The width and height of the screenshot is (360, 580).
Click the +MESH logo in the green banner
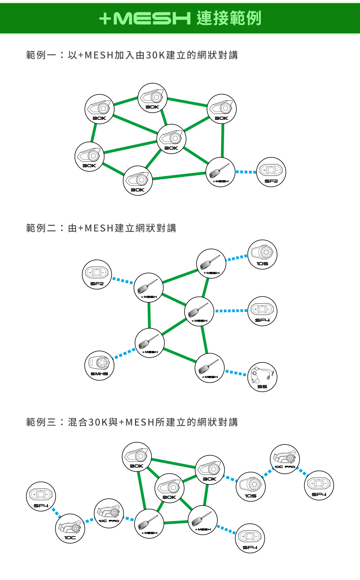(145, 18)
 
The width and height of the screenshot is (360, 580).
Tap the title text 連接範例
(229, 18)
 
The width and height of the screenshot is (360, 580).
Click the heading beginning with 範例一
(132, 55)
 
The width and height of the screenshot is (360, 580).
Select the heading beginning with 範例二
(101, 228)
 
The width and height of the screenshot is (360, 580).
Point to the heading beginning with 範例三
(132, 422)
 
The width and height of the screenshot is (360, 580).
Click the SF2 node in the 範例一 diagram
(271, 172)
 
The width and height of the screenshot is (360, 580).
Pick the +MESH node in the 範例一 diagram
(220, 172)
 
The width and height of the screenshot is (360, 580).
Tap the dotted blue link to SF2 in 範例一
(246, 172)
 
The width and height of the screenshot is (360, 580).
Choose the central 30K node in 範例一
(171, 139)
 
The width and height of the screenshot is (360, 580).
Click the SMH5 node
(99, 366)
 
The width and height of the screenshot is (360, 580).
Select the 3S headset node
(262, 377)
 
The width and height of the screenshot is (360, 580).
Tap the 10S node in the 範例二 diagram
(262, 254)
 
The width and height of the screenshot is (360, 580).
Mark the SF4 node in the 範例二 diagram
(262, 311)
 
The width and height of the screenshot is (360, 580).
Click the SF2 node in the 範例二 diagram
(97, 274)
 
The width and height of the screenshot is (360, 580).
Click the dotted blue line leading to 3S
(236, 373)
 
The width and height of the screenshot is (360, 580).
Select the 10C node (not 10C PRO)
(70, 528)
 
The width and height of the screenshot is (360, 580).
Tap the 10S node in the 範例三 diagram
(251, 487)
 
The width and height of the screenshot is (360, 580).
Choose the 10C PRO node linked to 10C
(109, 513)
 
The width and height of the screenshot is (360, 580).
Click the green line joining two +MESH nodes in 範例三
(176, 522)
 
